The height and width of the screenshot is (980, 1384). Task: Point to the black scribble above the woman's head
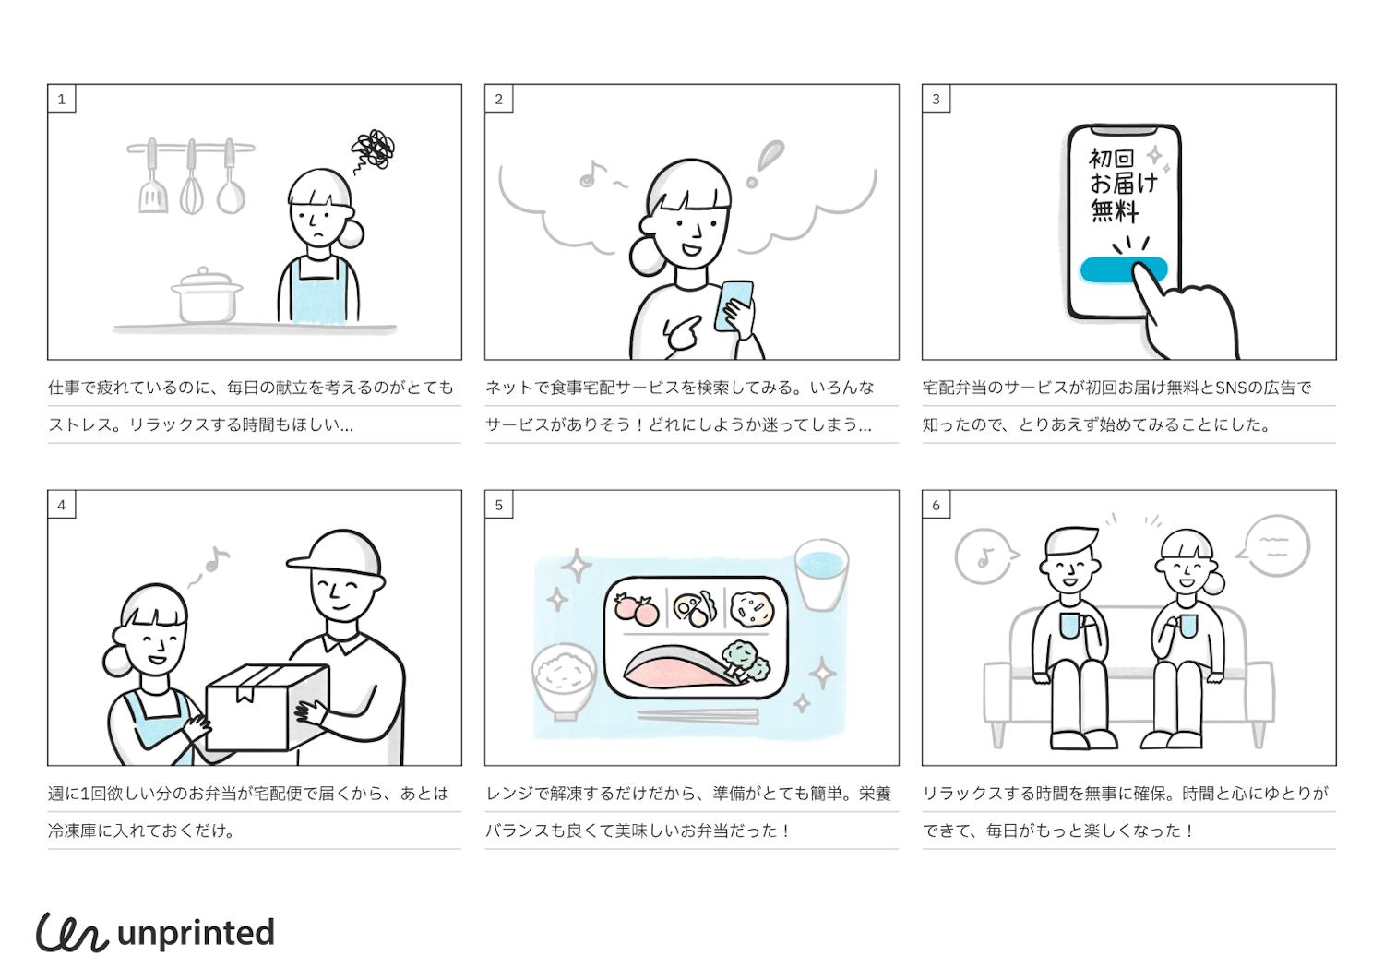tap(373, 149)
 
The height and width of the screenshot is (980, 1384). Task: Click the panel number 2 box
tap(498, 99)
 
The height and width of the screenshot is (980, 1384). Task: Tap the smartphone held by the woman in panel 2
tap(734, 305)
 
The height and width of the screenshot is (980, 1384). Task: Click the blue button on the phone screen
tap(1123, 270)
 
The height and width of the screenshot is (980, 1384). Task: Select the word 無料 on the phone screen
tap(1114, 211)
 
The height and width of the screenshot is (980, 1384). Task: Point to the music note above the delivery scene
tap(216, 559)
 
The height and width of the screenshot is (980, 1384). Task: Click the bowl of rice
tap(564, 680)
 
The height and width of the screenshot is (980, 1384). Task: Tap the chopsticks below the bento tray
tap(698, 716)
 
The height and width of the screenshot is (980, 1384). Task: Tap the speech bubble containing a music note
tap(985, 556)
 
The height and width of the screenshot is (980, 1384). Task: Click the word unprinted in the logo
tap(196, 934)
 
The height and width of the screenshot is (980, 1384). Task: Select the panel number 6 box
tap(937, 505)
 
